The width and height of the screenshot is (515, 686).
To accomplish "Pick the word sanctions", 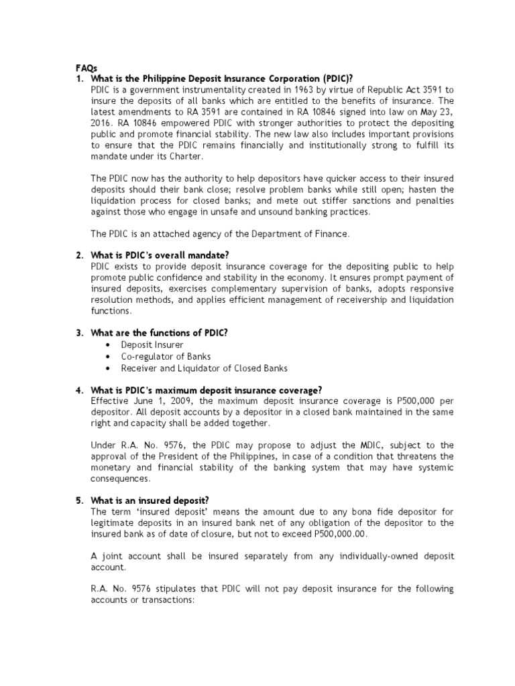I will tap(373, 200).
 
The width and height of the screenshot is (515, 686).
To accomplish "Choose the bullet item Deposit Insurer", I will tap(152, 344).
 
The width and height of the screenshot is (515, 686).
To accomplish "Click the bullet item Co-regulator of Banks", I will tap(166, 356).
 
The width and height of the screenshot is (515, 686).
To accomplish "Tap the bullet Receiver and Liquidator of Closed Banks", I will tap(204, 368).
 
